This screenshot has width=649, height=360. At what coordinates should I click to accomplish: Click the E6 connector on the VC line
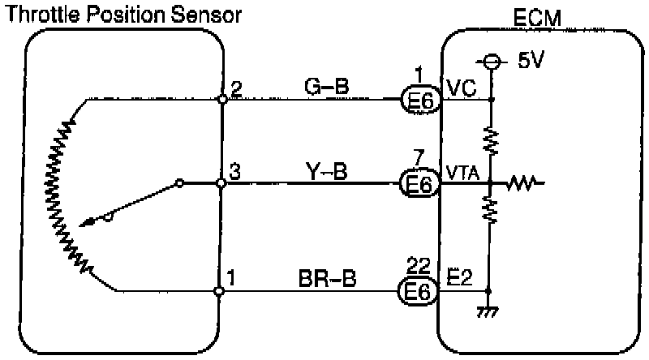coord(420,100)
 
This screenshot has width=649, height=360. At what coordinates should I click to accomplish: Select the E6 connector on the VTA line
coord(420,185)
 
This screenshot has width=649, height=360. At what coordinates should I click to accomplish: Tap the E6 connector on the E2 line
coord(420,291)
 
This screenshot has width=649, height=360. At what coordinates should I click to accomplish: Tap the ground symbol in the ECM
coord(489,311)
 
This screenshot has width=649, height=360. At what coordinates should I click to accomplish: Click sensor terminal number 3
coord(235,172)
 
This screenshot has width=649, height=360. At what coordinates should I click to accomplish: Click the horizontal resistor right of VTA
coord(522,185)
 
